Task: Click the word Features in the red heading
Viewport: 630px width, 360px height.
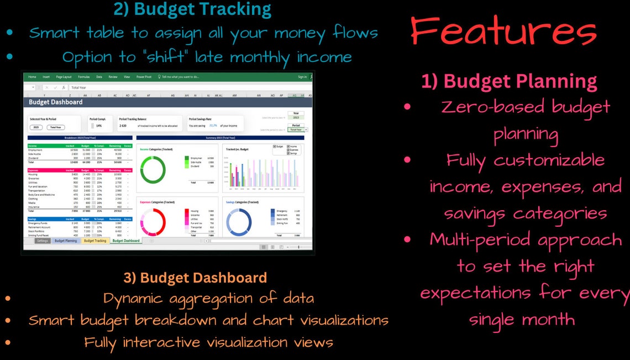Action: [503, 32]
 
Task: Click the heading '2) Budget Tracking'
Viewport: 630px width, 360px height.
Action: [192, 9]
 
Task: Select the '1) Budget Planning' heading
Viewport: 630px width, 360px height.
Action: [509, 81]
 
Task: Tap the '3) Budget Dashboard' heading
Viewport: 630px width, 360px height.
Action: [195, 277]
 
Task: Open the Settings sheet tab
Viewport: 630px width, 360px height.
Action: [42, 241]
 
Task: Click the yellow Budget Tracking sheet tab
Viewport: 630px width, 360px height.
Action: [95, 241]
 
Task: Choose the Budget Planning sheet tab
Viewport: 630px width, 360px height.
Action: [66, 241]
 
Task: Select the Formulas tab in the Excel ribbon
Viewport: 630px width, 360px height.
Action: [83, 77]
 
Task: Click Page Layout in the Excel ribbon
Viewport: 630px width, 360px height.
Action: [64, 77]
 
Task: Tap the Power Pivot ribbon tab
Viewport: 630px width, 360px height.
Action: [144, 77]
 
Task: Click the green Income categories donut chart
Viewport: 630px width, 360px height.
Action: [154, 170]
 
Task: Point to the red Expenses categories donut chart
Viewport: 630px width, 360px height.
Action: [154, 222]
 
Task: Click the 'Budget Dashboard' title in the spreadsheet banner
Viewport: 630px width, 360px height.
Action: [55, 102]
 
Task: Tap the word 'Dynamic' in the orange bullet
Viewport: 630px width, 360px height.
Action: [133, 298]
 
